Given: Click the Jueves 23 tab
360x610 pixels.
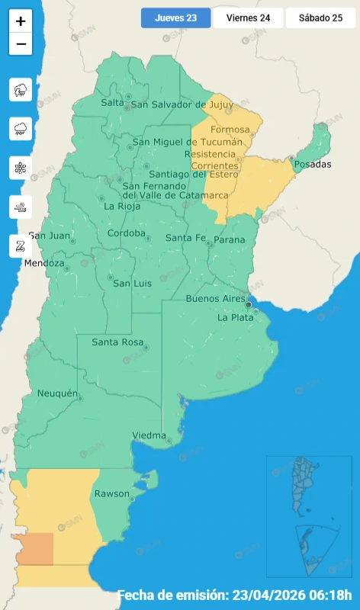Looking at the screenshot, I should coord(175,18).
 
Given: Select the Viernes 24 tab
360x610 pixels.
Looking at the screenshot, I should coord(248,18).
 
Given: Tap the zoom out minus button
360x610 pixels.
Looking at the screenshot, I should coord(21,44).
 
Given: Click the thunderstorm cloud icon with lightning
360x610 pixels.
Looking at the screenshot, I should coord(21,90).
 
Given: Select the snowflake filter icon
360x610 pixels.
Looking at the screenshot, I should coord(21,168).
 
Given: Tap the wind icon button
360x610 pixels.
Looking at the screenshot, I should coord(21,207).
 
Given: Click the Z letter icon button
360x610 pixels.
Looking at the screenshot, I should coord(21,246).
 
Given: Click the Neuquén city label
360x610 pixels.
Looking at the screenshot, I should coord(58,393).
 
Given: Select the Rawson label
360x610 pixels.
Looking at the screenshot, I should coord(112,493).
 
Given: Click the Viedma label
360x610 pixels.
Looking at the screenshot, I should coord(149,435).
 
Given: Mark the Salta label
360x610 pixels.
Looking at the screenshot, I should coord(112,102).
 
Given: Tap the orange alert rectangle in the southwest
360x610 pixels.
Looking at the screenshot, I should coord(33,549).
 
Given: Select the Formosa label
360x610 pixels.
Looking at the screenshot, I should coord(230,130).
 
